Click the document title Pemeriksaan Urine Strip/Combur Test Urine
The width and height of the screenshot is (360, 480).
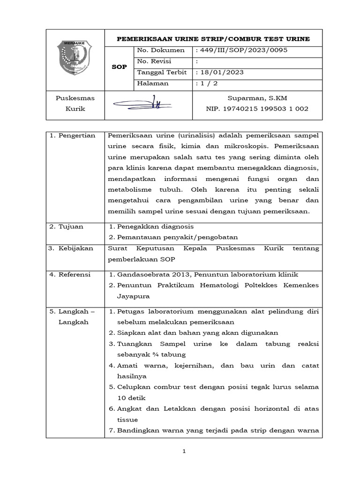coord(213,39)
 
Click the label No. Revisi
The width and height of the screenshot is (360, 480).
coord(154,61)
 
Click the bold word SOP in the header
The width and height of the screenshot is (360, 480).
coord(120,67)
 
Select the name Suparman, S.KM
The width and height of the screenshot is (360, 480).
coord(257,98)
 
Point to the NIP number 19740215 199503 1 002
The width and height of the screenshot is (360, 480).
coord(257,109)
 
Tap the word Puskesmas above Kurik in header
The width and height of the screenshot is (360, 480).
coord(75,98)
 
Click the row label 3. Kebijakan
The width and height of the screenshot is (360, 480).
coord(71,248)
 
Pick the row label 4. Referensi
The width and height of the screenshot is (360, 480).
coord(71,275)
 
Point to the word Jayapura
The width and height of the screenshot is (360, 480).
coord(134,296)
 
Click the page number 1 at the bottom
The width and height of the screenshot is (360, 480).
coord(184,451)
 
